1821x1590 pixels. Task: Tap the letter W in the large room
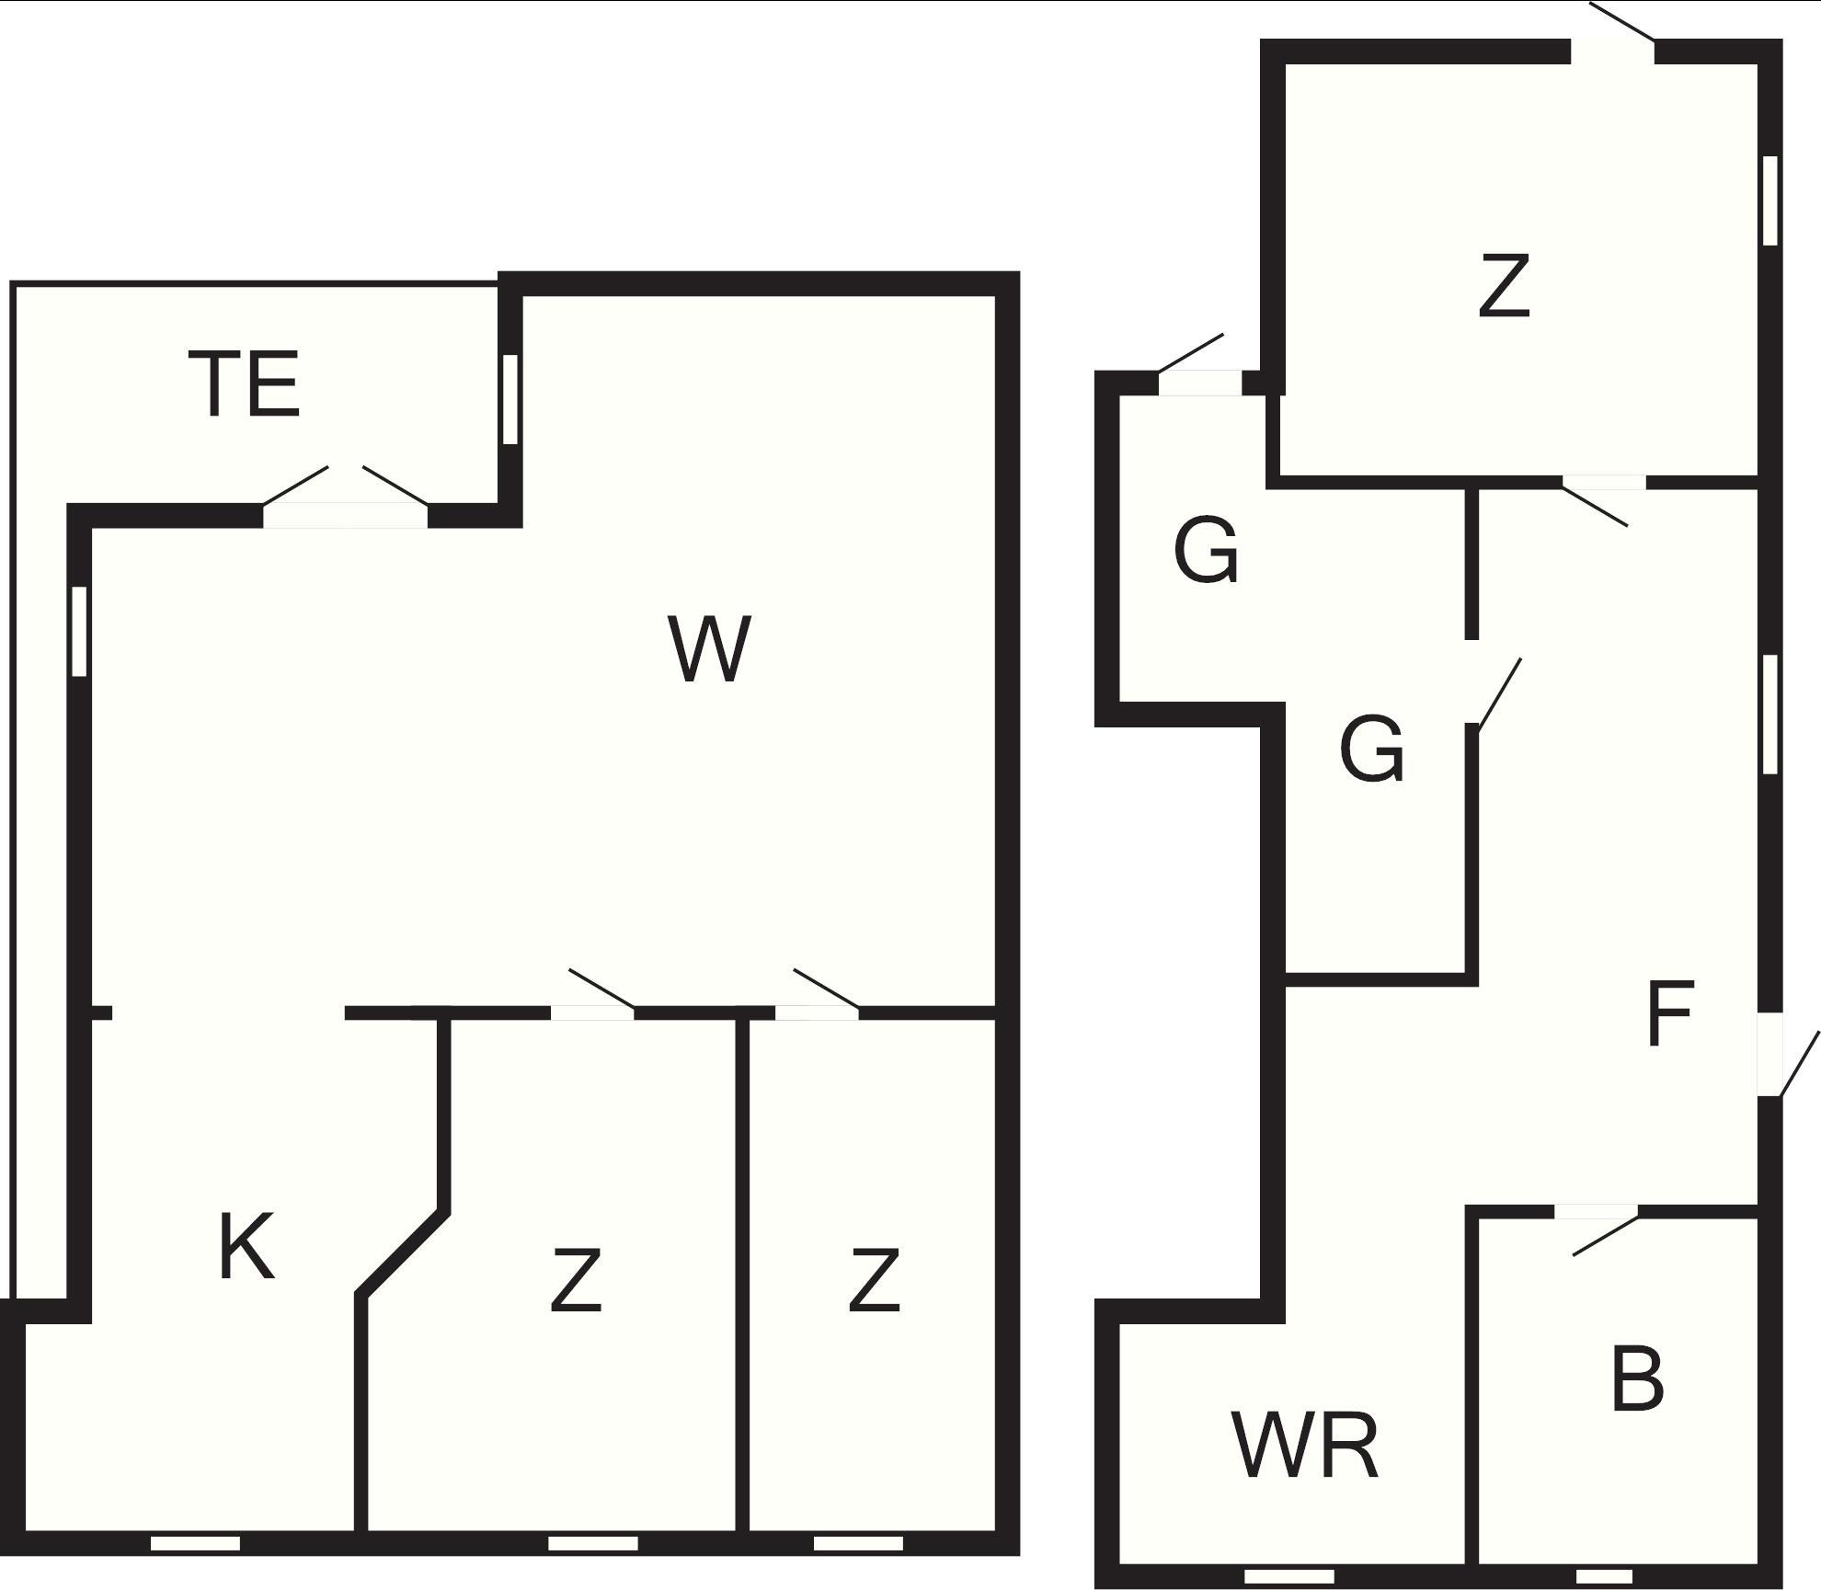click(x=709, y=649)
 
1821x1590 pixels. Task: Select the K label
click(x=246, y=1246)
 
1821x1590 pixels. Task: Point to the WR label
click(x=1305, y=1445)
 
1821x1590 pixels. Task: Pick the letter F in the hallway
click(x=1669, y=1013)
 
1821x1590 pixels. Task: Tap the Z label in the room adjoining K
click(x=576, y=1279)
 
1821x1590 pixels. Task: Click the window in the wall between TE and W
click(x=510, y=400)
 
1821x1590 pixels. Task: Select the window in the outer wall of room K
click(x=195, y=1542)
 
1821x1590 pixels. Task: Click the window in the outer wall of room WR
click(x=1288, y=1576)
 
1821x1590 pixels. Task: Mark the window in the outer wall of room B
click(x=1604, y=1576)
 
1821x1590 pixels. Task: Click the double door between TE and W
click(x=346, y=498)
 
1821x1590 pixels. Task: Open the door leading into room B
click(x=1597, y=1231)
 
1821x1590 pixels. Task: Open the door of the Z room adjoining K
click(x=593, y=995)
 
